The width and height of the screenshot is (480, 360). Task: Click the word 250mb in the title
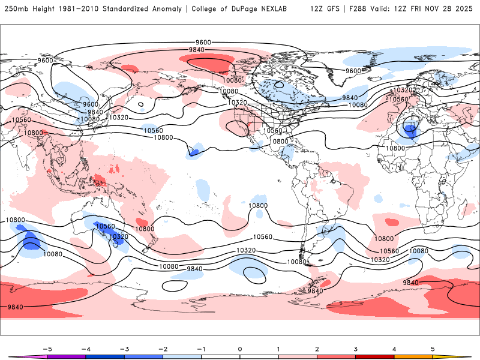pyautogui.click(x=16, y=9)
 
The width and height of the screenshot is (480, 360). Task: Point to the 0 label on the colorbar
pyautogui.click(x=239, y=349)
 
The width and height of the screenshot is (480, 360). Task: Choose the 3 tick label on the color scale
pyautogui.click(x=356, y=349)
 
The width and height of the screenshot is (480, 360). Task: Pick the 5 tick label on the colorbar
pyautogui.click(x=433, y=349)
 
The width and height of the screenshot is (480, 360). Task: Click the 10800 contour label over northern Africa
pyautogui.click(x=395, y=148)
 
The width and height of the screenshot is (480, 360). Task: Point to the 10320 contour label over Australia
pyautogui.click(x=119, y=236)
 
